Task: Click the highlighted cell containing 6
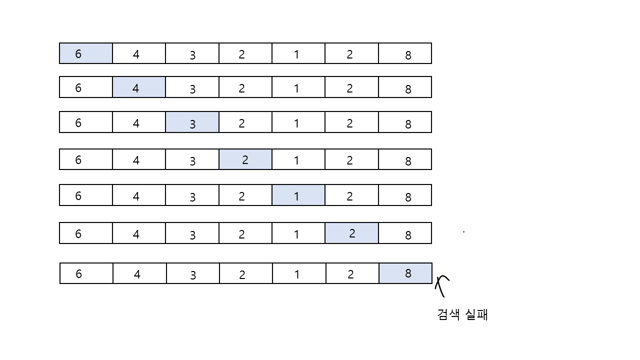(x=85, y=53)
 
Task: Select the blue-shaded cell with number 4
(x=139, y=87)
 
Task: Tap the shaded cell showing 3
(x=192, y=122)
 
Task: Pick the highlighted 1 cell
(x=298, y=195)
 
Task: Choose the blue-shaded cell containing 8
(x=405, y=273)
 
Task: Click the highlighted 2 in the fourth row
(x=245, y=159)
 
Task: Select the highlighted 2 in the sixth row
(x=351, y=233)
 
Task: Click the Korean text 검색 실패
(x=462, y=315)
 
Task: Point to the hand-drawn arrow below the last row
(x=441, y=285)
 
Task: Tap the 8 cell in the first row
(x=405, y=53)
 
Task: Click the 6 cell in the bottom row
(x=86, y=273)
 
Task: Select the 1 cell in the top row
(x=298, y=53)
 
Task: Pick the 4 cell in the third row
(x=139, y=122)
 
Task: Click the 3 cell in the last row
(x=193, y=273)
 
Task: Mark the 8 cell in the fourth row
(x=405, y=159)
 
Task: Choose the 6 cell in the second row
(x=85, y=87)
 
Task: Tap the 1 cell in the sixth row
(x=298, y=233)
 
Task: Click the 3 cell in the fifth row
(x=192, y=195)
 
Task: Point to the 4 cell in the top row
(x=139, y=53)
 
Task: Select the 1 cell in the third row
(x=298, y=122)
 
